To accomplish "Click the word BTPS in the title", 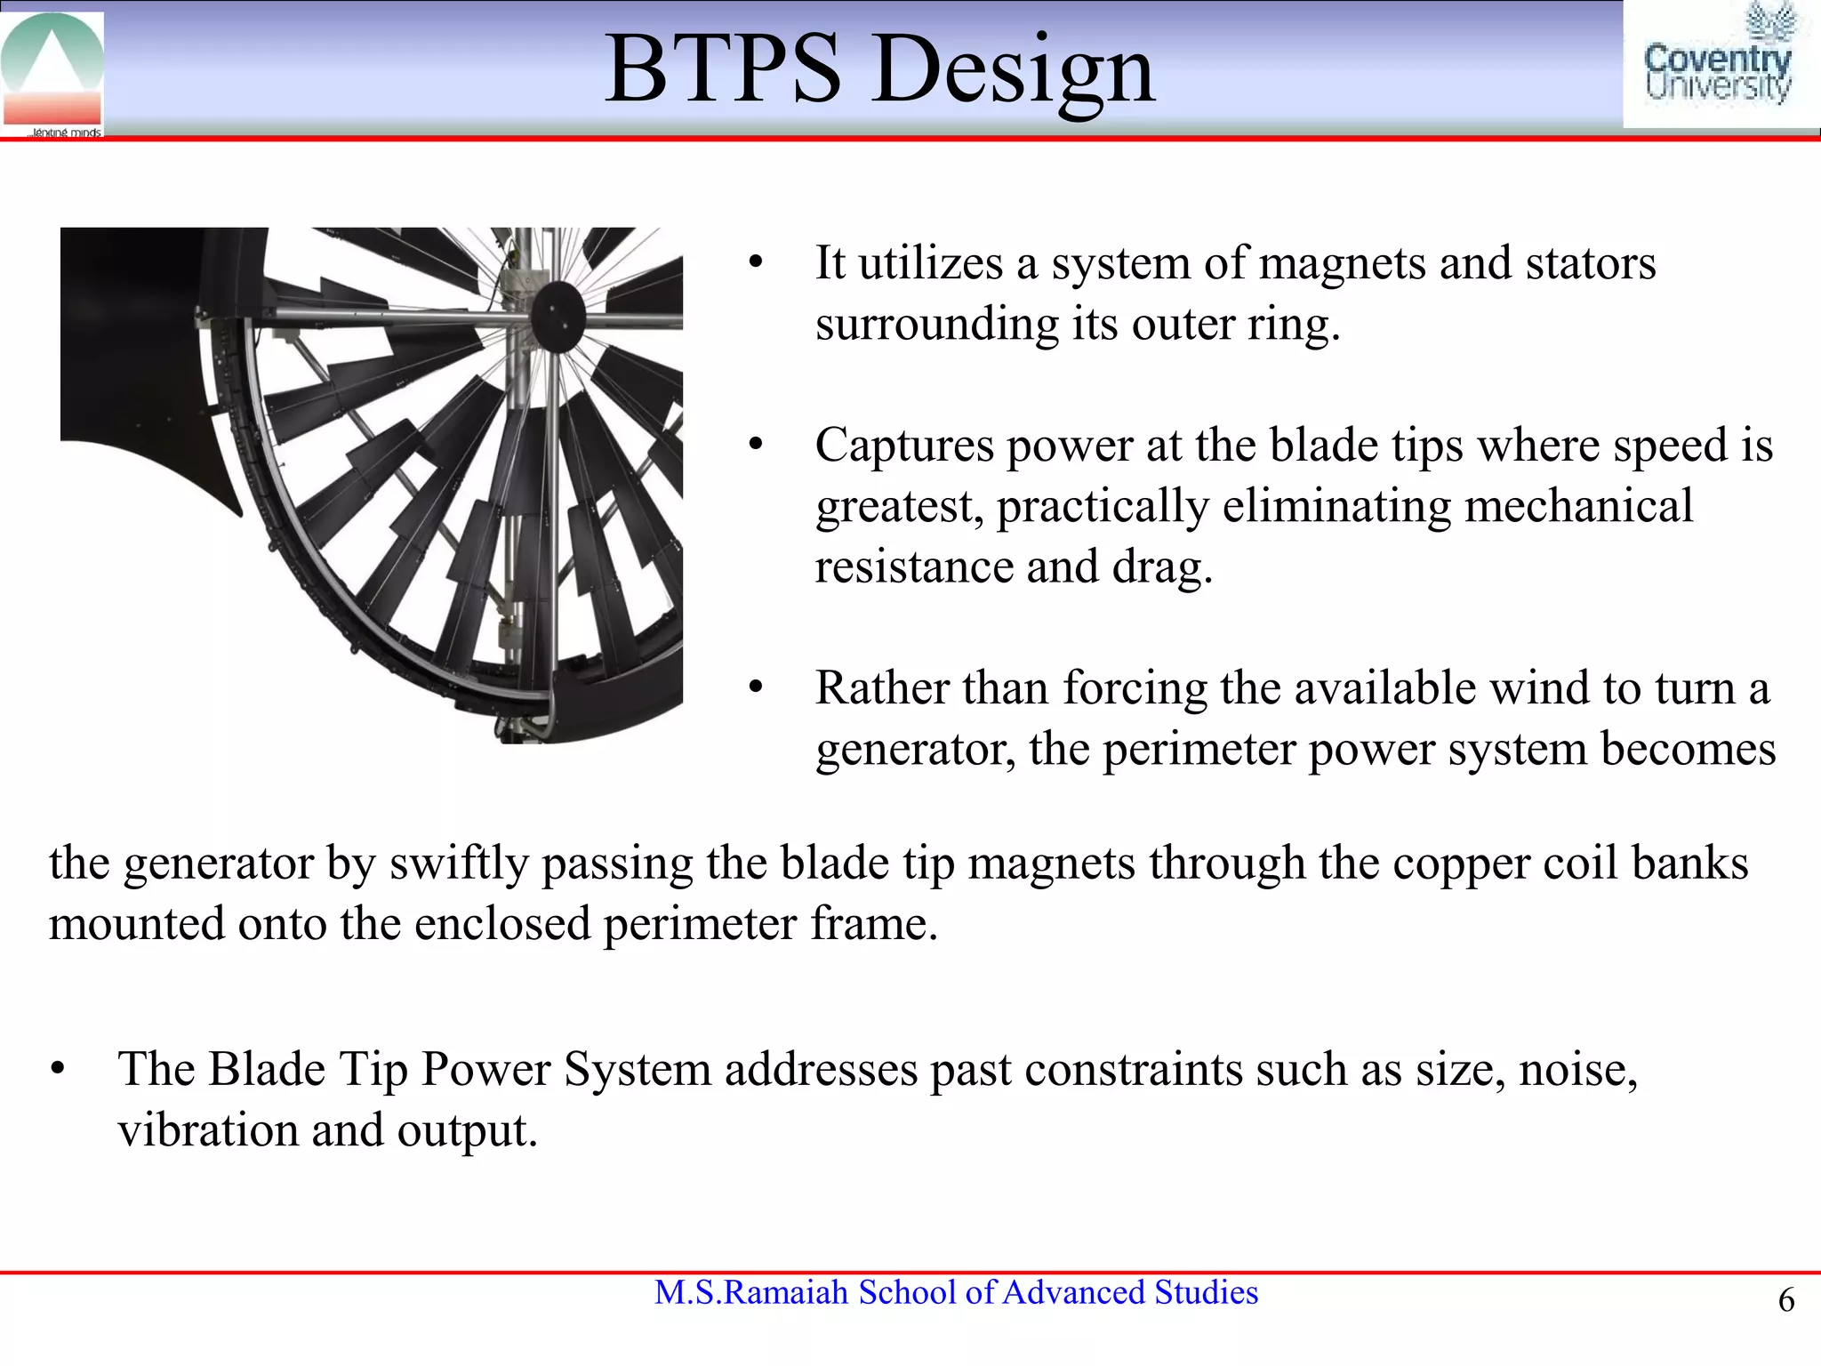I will coord(722,69).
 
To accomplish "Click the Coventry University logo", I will coord(1718,64).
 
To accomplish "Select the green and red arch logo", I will coord(52,71).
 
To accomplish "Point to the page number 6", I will coord(1785,1300).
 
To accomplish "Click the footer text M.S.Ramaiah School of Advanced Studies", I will coord(956,1292).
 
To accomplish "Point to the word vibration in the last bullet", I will coord(207,1130).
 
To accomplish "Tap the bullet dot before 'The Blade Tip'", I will coord(58,1070).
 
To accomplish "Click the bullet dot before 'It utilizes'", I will coord(756,264).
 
